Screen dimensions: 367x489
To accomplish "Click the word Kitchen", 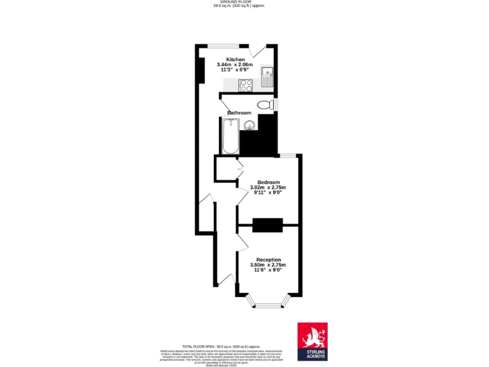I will [x=234, y=59].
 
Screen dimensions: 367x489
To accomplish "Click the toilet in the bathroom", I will [x=264, y=104].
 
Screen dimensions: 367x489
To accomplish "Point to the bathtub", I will [x=229, y=135].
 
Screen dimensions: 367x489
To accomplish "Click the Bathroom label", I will [x=239, y=113].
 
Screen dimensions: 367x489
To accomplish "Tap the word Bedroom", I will [x=268, y=182].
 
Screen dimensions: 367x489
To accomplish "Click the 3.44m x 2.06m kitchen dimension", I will [x=234, y=65].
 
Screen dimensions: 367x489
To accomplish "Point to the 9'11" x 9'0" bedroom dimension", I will [x=268, y=193].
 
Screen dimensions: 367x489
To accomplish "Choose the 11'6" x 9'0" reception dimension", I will [x=268, y=270].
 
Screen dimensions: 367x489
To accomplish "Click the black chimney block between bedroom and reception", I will [x=267, y=225].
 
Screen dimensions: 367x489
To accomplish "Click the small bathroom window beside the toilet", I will [x=277, y=104].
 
